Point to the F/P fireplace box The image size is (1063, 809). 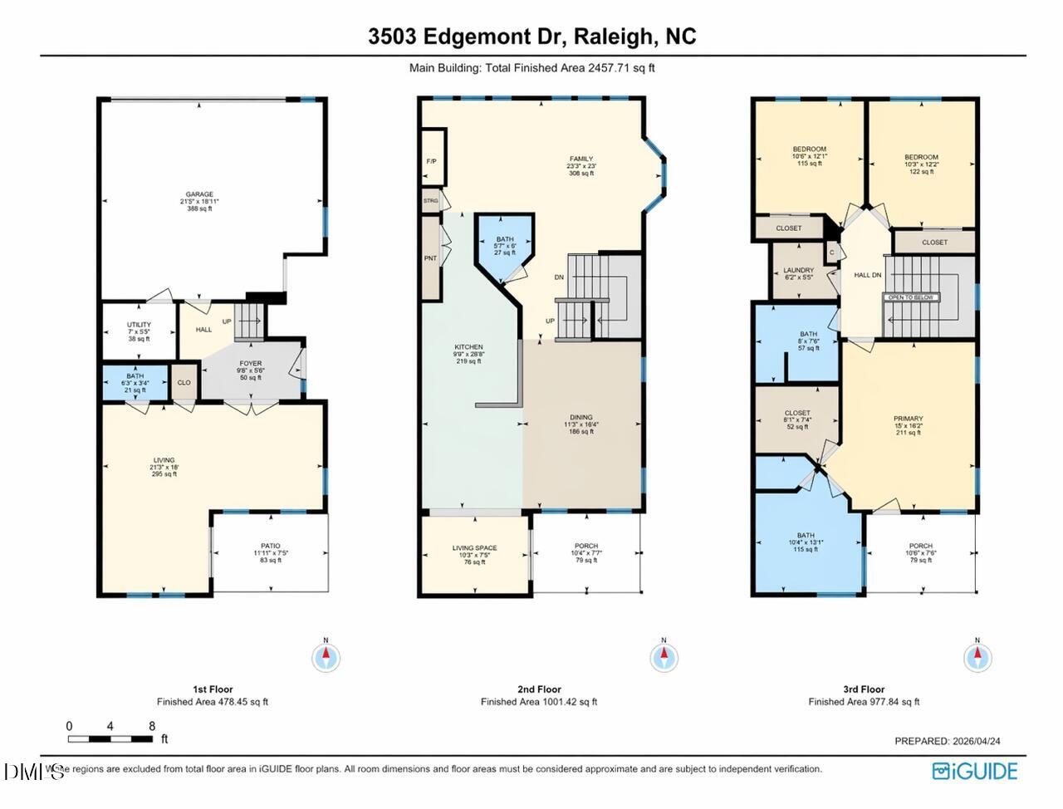point(432,160)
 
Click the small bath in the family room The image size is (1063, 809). point(504,245)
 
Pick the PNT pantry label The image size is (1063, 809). point(430,258)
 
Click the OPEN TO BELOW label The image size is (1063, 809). point(911,297)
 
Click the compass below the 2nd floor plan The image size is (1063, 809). point(664,657)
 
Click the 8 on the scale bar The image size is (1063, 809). point(152,726)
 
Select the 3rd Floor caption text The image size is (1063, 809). point(864,689)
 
